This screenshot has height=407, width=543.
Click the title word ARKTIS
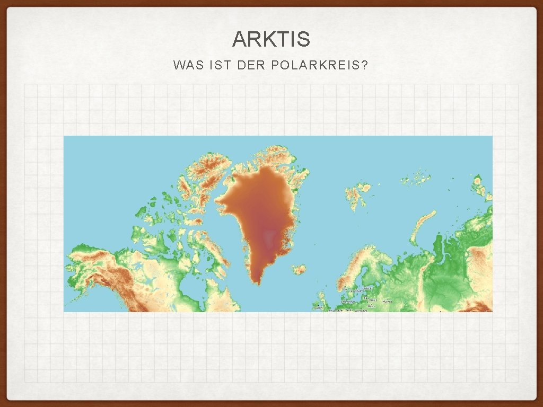pyautogui.click(x=271, y=39)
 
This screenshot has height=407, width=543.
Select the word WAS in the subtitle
pyautogui.click(x=184, y=66)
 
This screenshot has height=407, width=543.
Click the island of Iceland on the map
pyautogui.click(x=300, y=270)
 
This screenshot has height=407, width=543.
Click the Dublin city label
pyautogui.click(x=319, y=308)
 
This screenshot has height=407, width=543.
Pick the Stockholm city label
pyautogui.click(x=356, y=291)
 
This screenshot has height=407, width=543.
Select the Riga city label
pyautogui.click(x=366, y=298)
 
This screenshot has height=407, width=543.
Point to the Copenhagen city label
pyautogui.click(x=347, y=302)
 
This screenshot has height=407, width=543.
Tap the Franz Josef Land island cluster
pyautogui.click(x=416, y=179)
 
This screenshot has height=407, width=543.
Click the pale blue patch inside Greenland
pyautogui.click(x=271, y=236)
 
